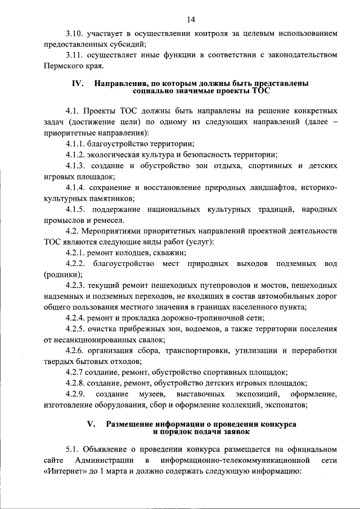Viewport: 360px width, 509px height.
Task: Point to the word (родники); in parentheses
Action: pyautogui.click(x=62, y=274)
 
